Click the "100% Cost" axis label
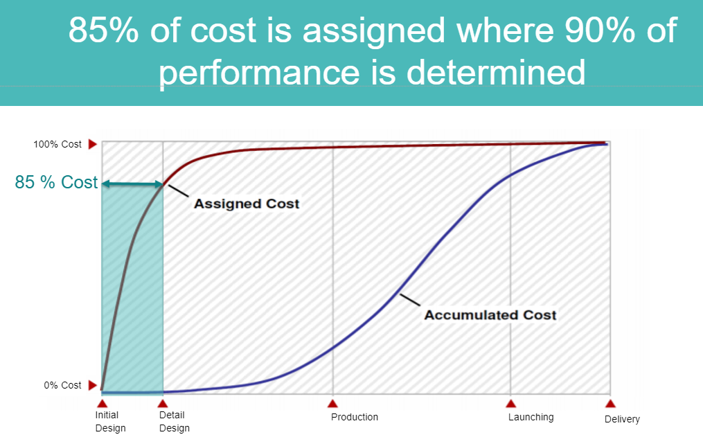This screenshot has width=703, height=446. pyautogui.click(x=57, y=144)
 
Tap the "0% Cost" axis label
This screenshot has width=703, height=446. pyautogui.click(x=63, y=386)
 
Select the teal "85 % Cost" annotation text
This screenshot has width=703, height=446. pyautogui.click(x=56, y=182)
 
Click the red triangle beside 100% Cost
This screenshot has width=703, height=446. pyautogui.click(x=92, y=144)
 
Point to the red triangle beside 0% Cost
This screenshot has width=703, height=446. pyautogui.click(x=92, y=385)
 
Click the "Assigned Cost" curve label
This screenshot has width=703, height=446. pyautogui.click(x=247, y=204)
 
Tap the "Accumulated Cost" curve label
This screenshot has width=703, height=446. pyautogui.click(x=490, y=315)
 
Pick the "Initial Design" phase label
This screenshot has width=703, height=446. pyautogui.click(x=110, y=422)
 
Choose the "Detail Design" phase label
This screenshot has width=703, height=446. pyautogui.click(x=175, y=422)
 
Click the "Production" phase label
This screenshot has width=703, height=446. pyautogui.click(x=355, y=418)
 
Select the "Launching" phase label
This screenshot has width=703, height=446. pyautogui.click(x=531, y=418)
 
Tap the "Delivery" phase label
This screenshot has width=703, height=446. pyautogui.click(x=622, y=420)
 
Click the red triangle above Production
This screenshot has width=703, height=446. pyautogui.click(x=332, y=404)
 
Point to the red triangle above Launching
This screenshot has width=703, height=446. pyautogui.click(x=510, y=404)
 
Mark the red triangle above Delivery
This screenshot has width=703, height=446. pyautogui.click(x=610, y=404)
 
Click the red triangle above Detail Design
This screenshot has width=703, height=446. pyautogui.click(x=163, y=404)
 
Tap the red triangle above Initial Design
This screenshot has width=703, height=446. pyautogui.click(x=103, y=404)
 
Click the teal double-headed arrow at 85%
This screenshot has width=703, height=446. pyautogui.click(x=133, y=184)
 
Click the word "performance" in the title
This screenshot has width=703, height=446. pyautogui.click(x=259, y=73)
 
